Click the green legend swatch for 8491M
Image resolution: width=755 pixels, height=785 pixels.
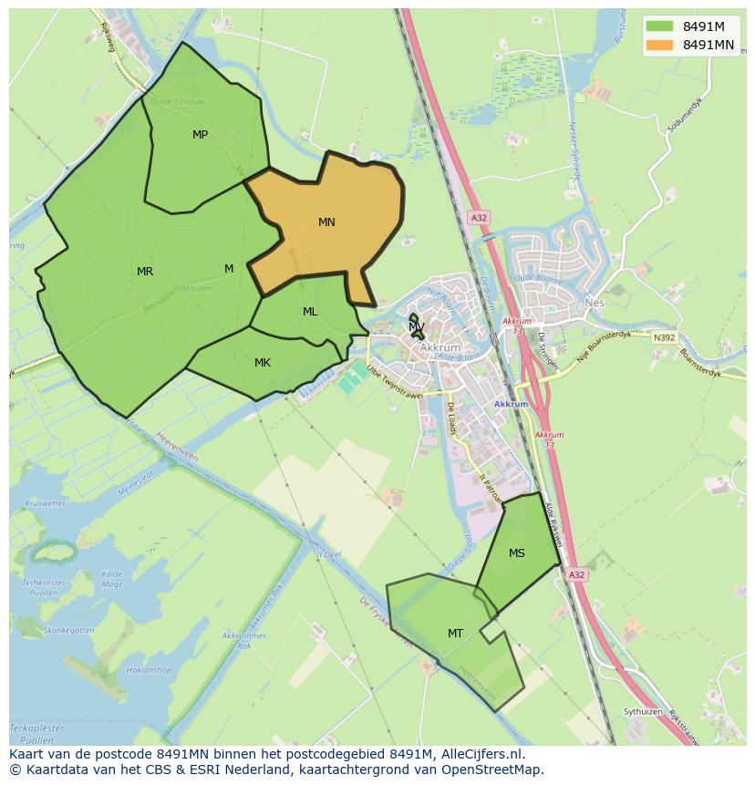coord(659,26)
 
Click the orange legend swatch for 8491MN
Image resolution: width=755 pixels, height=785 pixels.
coord(659,45)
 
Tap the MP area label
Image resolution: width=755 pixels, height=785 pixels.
coord(200,135)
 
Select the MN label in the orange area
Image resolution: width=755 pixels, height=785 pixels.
coord(326,222)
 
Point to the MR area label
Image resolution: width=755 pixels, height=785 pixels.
coord(145,272)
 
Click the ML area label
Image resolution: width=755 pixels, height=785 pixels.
coord(310,312)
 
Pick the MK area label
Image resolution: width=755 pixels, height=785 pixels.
coord(263,363)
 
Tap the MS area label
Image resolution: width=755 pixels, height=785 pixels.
coord(517,553)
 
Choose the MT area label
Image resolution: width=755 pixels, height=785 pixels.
coord(455,634)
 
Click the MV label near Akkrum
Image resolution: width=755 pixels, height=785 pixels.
coord(417,326)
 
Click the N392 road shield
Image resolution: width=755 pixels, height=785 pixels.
coord(665,337)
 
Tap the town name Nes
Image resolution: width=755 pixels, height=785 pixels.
coord(595,303)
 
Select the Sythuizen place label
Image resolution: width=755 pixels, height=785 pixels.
coord(642,711)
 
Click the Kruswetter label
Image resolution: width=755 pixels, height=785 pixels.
coord(46,503)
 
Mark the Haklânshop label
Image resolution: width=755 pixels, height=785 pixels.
coord(150,670)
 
